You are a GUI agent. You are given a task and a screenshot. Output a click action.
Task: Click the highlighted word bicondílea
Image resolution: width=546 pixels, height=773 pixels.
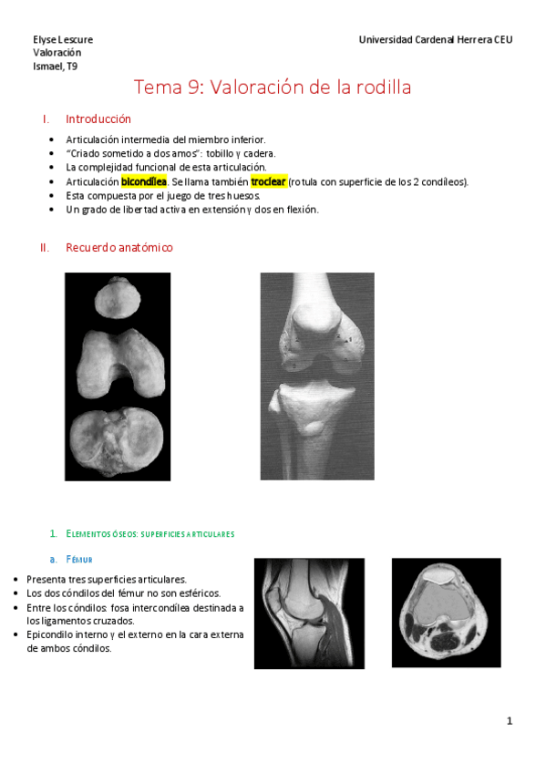(x=143, y=181)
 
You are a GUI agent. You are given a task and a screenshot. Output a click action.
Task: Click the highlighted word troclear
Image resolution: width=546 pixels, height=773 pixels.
(x=269, y=181)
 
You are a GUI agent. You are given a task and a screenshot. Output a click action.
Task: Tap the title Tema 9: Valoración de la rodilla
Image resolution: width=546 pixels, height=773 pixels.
(x=273, y=88)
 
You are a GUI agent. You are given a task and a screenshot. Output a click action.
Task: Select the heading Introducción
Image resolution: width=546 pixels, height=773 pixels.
(x=98, y=119)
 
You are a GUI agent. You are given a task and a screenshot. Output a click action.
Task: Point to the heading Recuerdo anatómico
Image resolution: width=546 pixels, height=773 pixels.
(x=118, y=248)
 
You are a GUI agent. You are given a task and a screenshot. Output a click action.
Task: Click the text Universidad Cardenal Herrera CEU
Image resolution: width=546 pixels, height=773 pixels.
(x=436, y=40)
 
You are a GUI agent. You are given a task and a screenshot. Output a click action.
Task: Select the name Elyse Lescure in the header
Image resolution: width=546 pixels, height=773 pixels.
(x=63, y=40)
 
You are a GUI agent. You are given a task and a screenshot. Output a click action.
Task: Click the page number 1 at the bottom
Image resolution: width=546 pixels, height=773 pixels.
(x=510, y=721)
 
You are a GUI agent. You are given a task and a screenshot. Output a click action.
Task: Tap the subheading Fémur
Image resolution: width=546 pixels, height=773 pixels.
(x=79, y=559)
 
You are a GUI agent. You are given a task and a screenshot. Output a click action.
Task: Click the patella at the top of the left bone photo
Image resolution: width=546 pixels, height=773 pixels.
(x=117, y=298)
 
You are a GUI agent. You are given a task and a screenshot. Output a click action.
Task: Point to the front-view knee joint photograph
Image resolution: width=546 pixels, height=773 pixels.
(x=316, y=376)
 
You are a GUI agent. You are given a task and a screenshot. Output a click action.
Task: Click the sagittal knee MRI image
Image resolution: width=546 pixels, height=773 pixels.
(x=308, y=613)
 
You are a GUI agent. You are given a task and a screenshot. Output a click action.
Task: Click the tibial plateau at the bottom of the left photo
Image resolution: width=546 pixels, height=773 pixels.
(x=117, y=442)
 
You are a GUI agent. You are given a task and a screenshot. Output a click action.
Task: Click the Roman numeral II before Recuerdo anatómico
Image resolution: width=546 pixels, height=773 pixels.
(x=45, y=248)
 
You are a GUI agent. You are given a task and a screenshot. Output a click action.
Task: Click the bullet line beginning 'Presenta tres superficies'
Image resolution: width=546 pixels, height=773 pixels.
(x=107, y=580)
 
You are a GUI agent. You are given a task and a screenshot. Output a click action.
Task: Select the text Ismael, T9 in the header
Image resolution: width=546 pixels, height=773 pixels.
(x=55, y=66)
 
